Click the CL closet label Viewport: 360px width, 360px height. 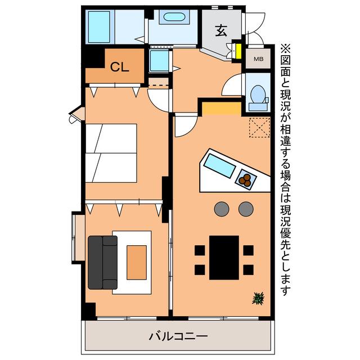coord(119,67)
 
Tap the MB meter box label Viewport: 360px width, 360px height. coord(259,59)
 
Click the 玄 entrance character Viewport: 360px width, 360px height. coord(221,30)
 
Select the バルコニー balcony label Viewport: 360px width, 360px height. coord(178,336)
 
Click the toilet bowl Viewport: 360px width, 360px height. coord(258,94)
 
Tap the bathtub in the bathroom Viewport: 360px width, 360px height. coord(99,27)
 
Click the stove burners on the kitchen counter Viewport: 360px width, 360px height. coord(246,179)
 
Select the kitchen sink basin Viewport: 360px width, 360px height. coord(219,166)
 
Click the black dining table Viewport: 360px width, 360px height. coord(224,258)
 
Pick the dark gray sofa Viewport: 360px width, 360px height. coord(102,263)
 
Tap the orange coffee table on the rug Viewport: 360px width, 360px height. coord(137,263)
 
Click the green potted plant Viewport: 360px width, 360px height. coord(258,298)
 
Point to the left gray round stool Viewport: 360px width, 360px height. coord(222,209)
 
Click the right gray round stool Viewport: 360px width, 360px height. coord(246,209)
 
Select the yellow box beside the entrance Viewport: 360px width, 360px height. coord(238,51)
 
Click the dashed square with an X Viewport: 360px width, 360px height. coord(260,128)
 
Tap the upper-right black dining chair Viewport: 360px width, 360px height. coord(249,250)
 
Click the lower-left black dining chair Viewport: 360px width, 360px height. coord(200,270)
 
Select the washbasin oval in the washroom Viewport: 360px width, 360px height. coord(174,17)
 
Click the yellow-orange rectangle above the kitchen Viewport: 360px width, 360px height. coord(222,109)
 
